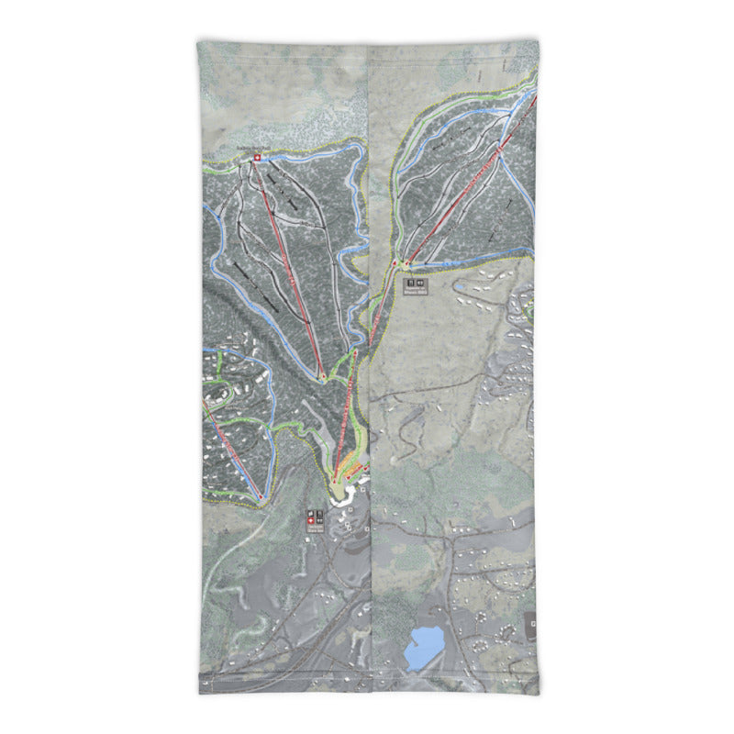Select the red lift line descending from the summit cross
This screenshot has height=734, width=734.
[x=289, y=266]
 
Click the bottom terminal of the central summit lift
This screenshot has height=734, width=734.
[x=323, y=376]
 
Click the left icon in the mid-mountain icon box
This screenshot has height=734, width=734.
[x=411, y=284]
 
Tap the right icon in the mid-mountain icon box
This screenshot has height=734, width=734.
[x=420, y=284]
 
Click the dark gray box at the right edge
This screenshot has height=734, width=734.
[x=531, y=626]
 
